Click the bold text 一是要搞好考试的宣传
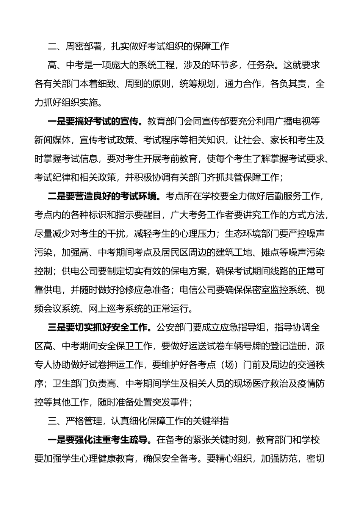95,121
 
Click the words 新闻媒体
53,140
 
